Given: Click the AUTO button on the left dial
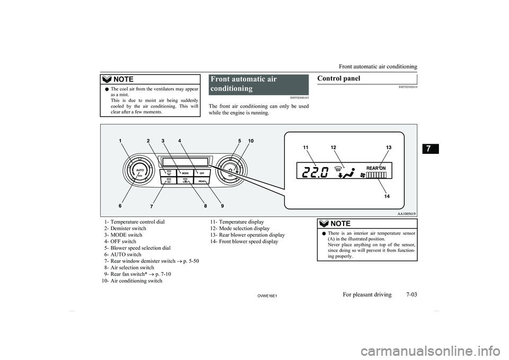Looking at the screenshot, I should pyautogui.click(x=140, y=170).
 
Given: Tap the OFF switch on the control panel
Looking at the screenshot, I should pyautogui.click(x=201, y=173).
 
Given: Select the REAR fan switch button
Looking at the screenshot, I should pyautogui.click(x=201, y=181).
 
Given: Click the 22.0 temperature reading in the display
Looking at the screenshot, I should pyautogui.click(x=313, y=172).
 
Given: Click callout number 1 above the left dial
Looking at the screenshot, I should pyautogui.click(x=121, y=141).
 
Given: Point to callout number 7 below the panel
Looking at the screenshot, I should pyautogui.click(x=151, y=205).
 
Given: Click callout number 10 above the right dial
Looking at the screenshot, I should pyautogui.click(x=250, y=141).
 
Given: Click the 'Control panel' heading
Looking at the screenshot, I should pyautogui.click(x=338, y=78).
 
